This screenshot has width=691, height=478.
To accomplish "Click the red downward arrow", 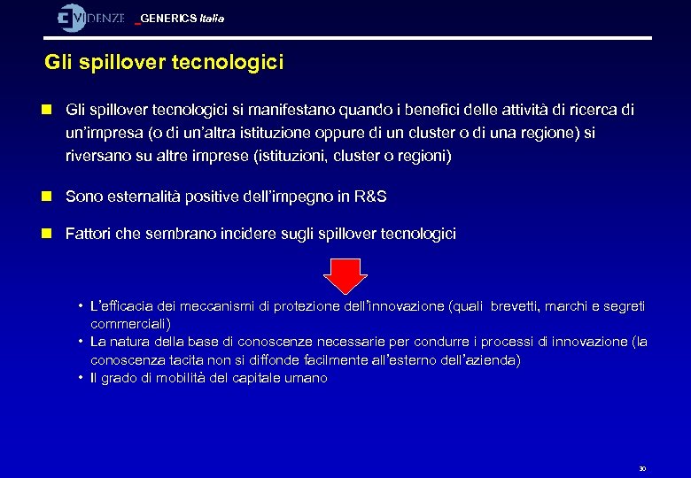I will click(345, 275).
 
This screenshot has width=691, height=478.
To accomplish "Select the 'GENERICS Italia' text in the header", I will click(182, 19).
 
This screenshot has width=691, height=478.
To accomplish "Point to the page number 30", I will click(642, 468).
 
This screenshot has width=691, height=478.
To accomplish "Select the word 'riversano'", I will click(95, 157).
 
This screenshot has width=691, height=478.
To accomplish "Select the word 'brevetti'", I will click(513, 306).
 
